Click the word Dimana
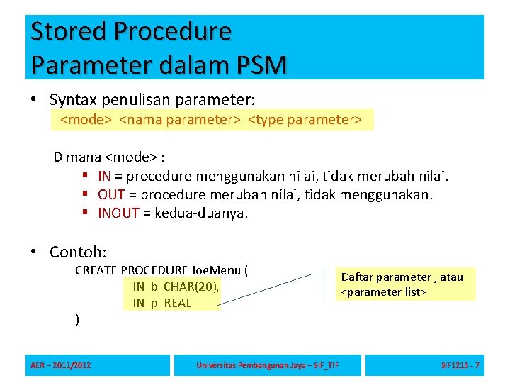(x=78, y=157)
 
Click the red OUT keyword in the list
(x=111, y=194)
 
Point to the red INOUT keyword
(x=118, y=213)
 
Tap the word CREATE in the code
(x=96, y=270)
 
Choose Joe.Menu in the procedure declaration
(x=215, y=270)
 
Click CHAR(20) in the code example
(x=191, y=287)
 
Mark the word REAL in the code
(x=178, y=303)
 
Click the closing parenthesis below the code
(x=77, y=320)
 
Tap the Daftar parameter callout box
(x=406, y=284)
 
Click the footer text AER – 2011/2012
(x=61, y=365)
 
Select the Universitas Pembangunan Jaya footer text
(x=268, y=365)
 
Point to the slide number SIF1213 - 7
(x=460, y=365)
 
